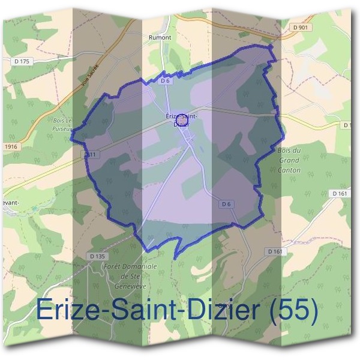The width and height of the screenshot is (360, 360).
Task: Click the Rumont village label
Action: [x=160, y=37]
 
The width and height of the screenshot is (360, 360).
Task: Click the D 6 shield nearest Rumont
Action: [x=166, y=80]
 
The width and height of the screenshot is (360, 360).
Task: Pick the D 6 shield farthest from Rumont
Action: [x=226, y=204]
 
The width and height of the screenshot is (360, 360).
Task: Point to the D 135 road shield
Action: [x=97, y=256]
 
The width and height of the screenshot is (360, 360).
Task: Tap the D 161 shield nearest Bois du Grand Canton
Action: [x=339, y=194]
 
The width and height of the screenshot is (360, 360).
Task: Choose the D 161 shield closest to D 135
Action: [x=275, y=251]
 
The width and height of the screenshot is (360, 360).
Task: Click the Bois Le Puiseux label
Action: [x=62, y=124]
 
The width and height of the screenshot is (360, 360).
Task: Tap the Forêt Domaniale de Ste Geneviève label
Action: [x=130, y=275]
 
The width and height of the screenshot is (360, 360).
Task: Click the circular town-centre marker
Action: [x=183, y=121]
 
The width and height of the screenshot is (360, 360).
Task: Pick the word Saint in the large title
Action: [x=133, y=310]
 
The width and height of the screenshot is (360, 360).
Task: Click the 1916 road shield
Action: [x=10, y=146]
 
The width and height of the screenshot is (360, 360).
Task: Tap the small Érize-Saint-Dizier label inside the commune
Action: [x=180, y=118]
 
